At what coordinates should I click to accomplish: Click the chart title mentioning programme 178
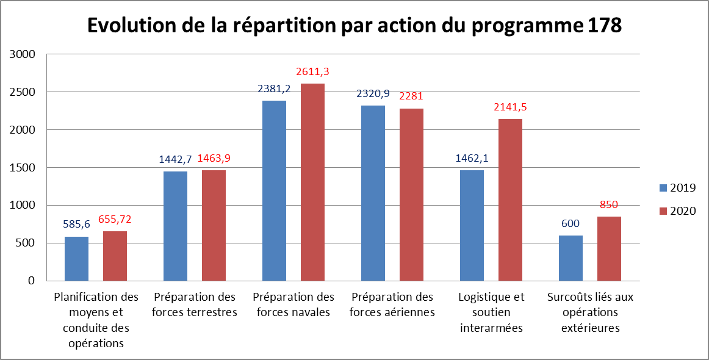click(354, 25)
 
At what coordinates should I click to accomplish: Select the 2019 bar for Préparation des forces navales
click(274, 190)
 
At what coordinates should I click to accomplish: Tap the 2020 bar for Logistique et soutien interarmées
click(510, 200)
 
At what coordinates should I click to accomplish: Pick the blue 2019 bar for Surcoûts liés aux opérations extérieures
click(570, 258)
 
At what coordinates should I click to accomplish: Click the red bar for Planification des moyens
click(115, 256)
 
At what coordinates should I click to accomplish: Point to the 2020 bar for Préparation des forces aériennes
click(411, 195)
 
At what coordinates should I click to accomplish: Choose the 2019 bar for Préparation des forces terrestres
click(175, 226)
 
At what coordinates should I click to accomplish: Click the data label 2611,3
click(312, 73)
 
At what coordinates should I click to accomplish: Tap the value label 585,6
click(77, 225)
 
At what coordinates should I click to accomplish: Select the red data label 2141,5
click(510, 107)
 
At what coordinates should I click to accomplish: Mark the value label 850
click(609, 205)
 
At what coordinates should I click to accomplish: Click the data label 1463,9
click(214, 159)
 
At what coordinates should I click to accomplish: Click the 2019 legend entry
click(678, 187)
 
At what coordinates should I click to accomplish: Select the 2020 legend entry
click(678, 211)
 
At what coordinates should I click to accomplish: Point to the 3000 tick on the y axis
click(23, 54)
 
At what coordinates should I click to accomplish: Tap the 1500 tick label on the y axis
click(23, 168)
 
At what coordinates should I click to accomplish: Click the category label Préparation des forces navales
click(293, 304)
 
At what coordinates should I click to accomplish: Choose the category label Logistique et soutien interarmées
click(491, 312)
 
